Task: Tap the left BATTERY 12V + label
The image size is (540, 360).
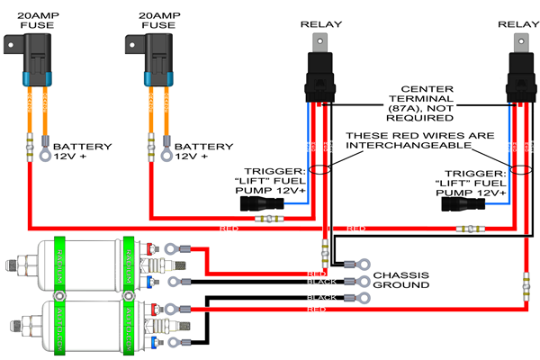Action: (82, 150)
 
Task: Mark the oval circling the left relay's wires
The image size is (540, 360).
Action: (319, 169)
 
